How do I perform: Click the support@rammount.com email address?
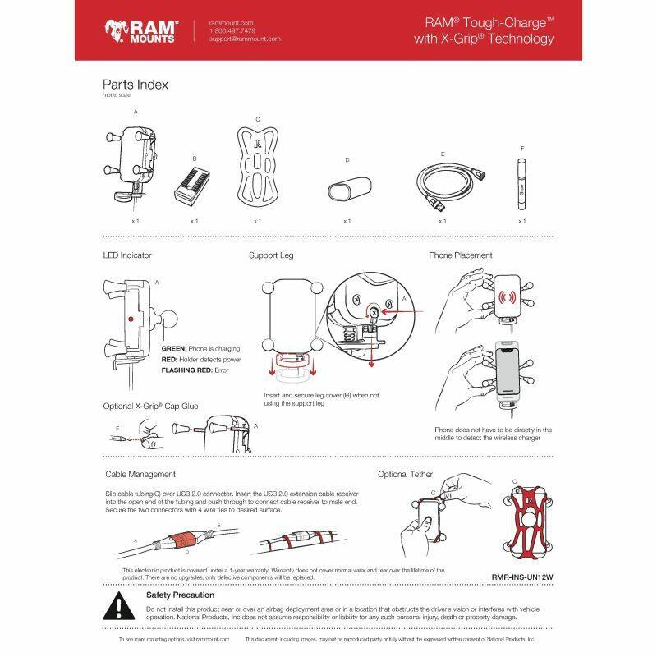pyautogui.click(x=245, y=39)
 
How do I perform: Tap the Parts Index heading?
pyautogui.click(x=136, y=84)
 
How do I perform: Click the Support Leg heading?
pyautogui.click(x=271, y=255)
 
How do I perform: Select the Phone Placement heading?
pyautogui.click(x=460, y=255)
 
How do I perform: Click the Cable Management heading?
pyautogui.click(x=140, y=474)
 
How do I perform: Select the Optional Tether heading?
pyautogui.click(x=405, y=474)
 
